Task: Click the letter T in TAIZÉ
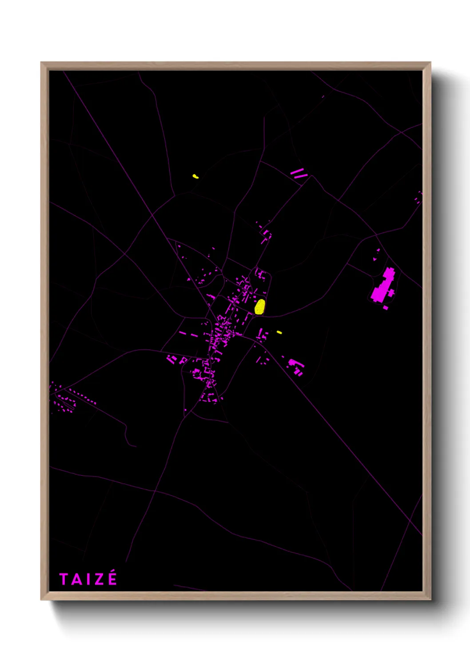pos(64,579)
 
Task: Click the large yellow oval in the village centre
pos(260,307)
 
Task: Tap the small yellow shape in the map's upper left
pos(195,177)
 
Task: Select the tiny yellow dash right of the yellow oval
pos(279,332)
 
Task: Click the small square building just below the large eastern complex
pos(386,308)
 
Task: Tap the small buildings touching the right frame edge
pos(418,197)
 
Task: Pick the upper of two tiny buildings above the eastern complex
pos(378,251)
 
